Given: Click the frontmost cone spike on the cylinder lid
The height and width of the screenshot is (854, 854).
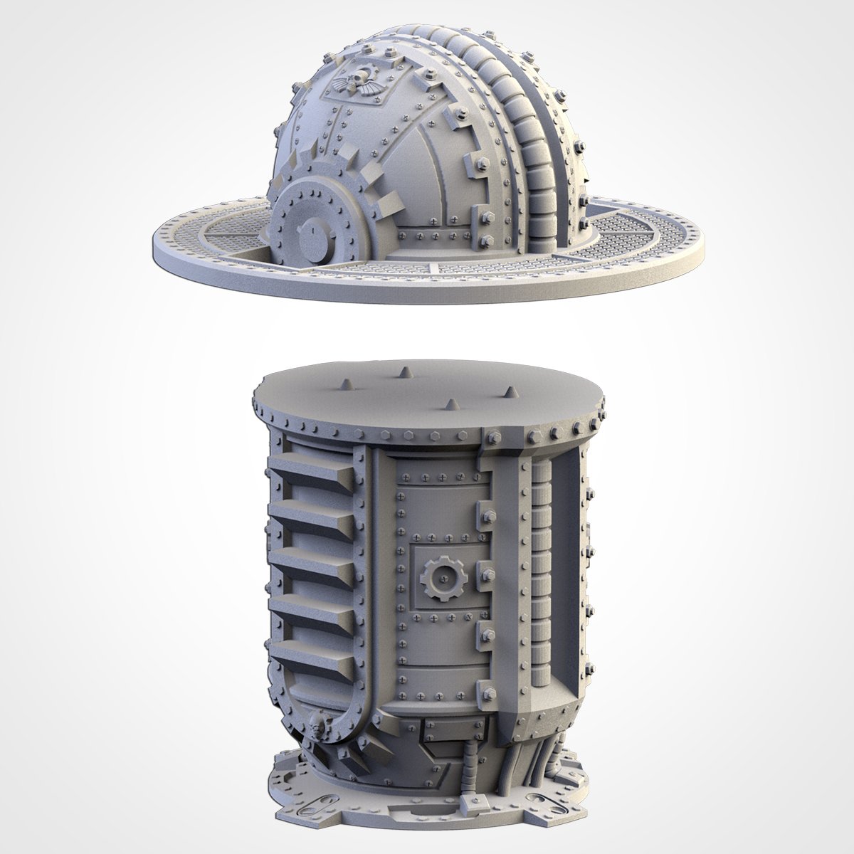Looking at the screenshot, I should coord(450,403).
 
